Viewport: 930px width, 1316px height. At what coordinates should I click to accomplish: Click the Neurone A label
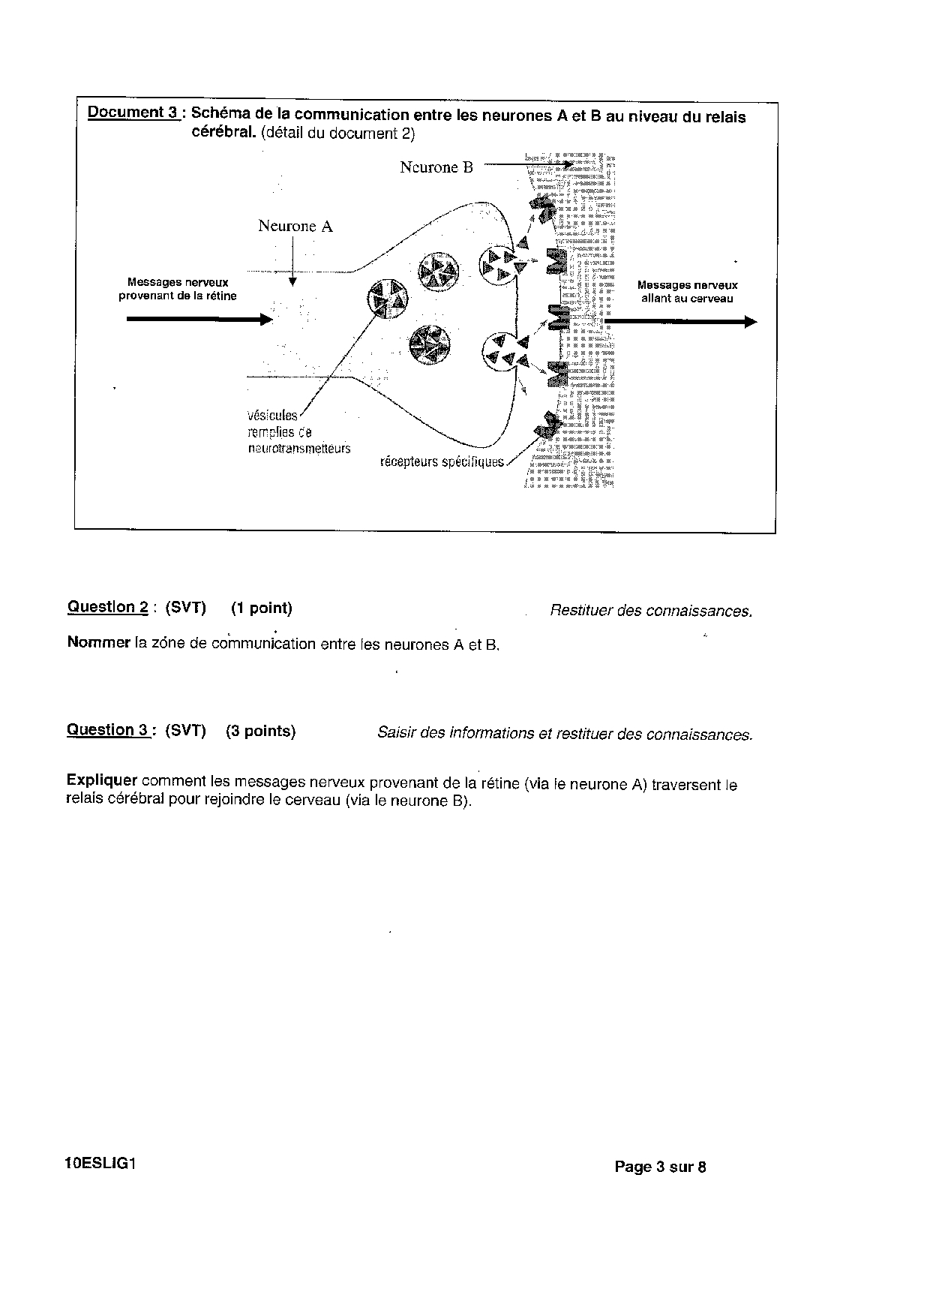tap(295, 226)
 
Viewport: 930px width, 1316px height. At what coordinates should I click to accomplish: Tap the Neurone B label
tap(436, 167)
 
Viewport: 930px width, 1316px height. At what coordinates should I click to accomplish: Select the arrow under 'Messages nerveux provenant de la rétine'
tap(199, 320)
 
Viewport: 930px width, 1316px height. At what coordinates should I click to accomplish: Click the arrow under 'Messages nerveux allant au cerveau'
tap(680, 322)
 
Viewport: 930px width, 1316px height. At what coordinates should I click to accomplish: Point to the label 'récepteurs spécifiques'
tap(442, 461)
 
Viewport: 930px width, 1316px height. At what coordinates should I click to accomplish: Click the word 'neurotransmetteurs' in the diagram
tap(298, 449)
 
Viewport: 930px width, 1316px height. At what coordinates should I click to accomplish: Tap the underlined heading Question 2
tap(107, 607)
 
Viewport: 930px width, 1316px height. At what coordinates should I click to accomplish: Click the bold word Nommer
tap(98, 642)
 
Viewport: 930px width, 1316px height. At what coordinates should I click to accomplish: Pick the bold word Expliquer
tap(101, 780)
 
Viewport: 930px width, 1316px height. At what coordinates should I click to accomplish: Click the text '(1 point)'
tap(261, 608)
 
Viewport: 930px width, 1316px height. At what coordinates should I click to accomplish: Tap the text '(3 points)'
tap(260, 732)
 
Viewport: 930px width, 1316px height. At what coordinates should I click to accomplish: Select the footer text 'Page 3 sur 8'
tap(660, 1167)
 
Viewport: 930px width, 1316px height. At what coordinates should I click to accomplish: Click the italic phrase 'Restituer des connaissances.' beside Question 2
tap(650, 611)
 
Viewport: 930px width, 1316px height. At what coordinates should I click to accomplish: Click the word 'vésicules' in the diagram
tap(271, 415)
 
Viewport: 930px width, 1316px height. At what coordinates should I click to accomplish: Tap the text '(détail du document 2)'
tap(337, 134)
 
